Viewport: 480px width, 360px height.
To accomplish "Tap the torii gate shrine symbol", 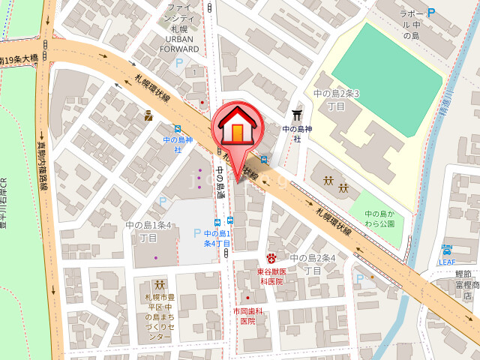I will pos(297,114).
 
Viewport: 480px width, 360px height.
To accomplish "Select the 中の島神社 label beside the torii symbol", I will pos(297,133).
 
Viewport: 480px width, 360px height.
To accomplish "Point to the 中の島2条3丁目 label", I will pos(336,99).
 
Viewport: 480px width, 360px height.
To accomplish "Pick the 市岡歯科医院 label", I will pos(248,316).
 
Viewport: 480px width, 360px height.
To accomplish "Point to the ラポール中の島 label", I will pos(409,24).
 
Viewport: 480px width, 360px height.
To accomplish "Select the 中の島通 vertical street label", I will pos(221,180).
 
